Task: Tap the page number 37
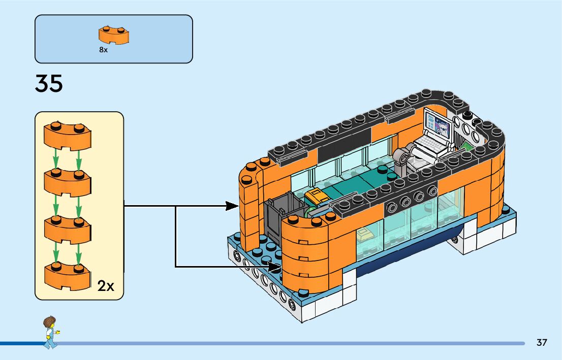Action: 542,343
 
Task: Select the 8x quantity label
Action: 104,50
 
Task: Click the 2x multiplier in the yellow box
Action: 106,286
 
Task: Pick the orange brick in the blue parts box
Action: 114,35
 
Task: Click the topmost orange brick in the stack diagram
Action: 67,136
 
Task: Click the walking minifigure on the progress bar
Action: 50,333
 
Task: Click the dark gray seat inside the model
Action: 277,219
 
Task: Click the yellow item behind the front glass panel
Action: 365,234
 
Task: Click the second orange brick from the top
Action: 67,182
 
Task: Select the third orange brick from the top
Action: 67,228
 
